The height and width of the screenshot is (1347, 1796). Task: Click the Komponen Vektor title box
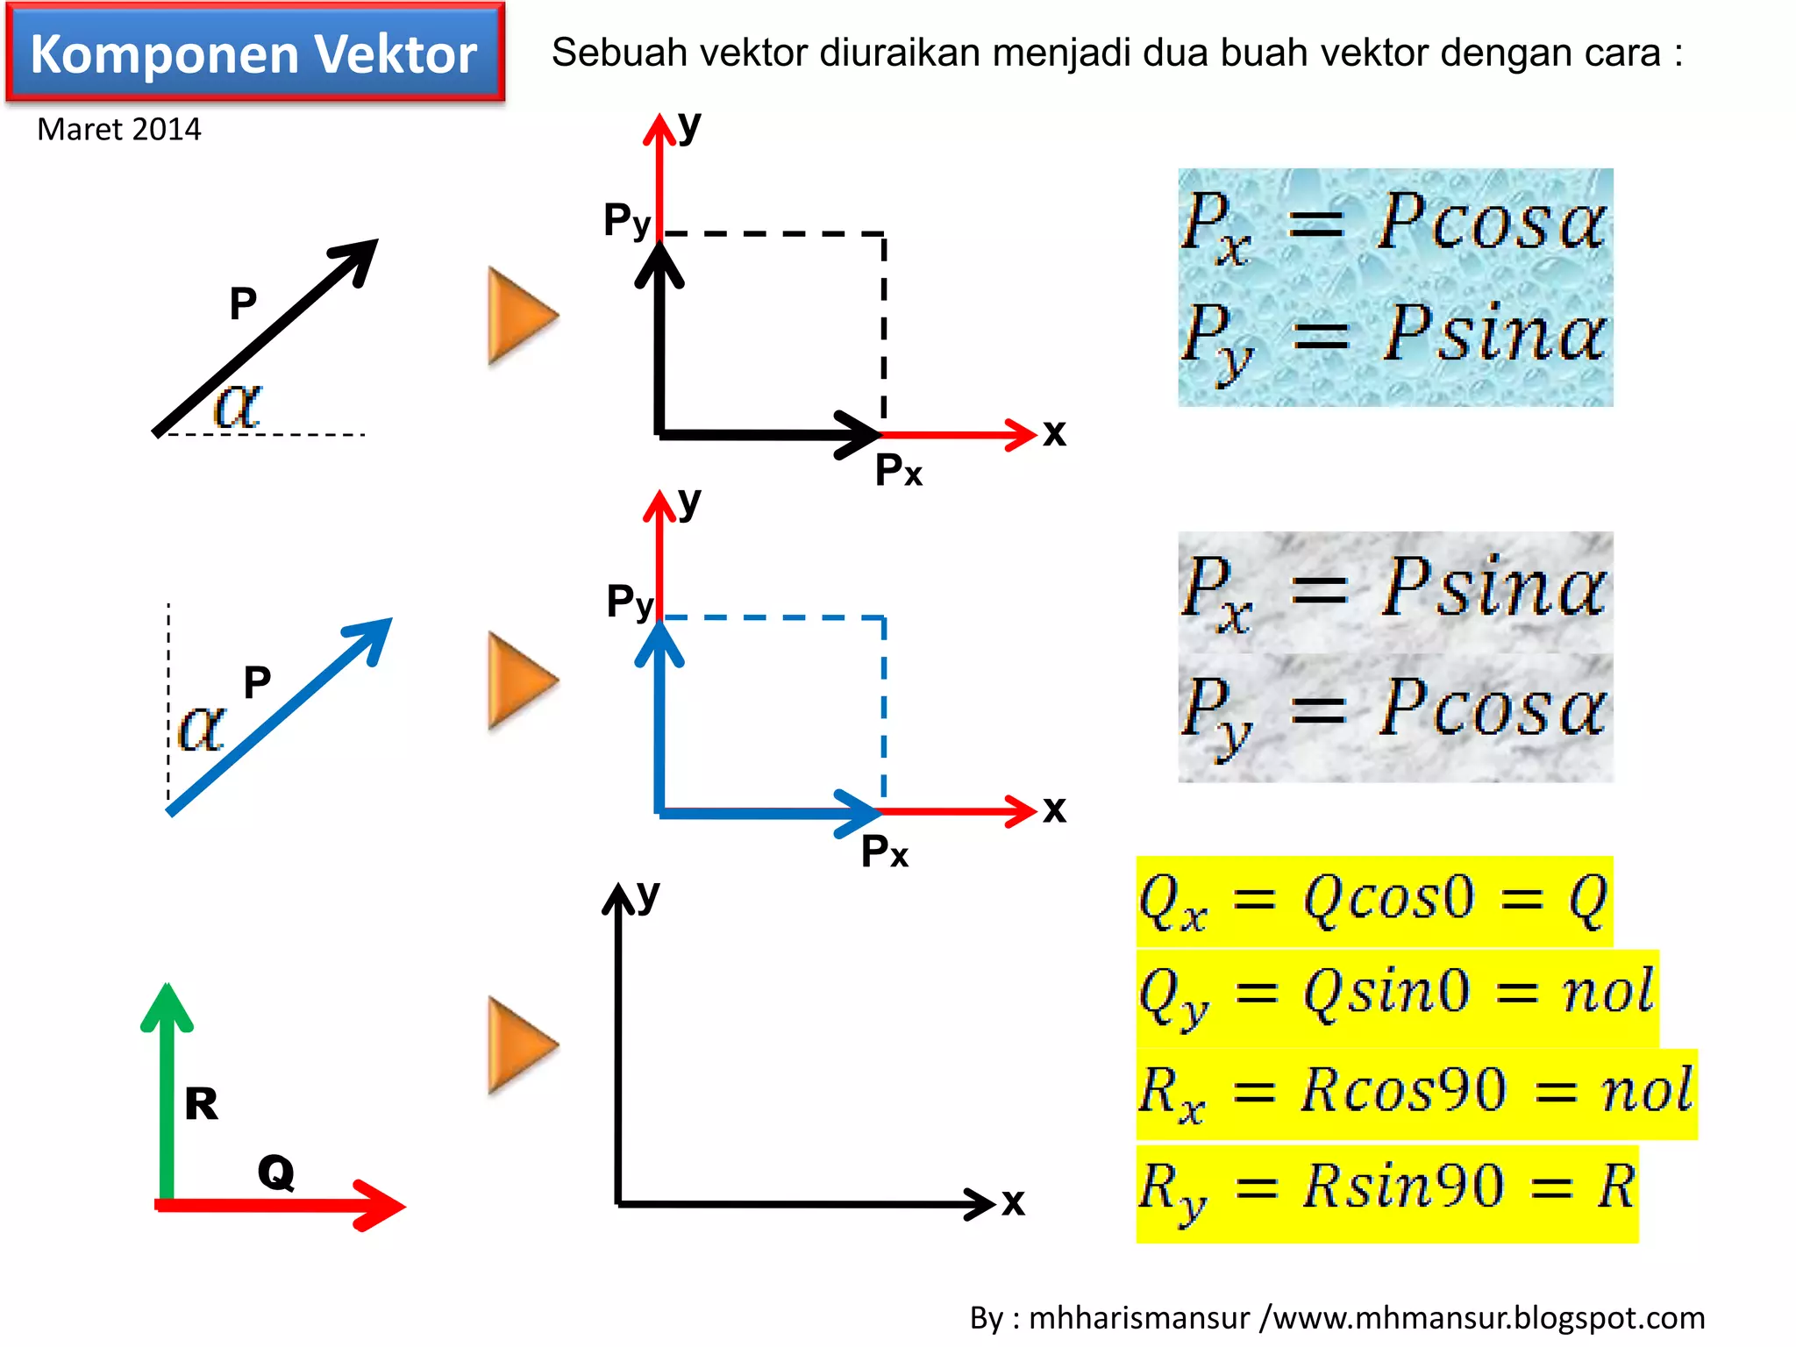click(254, 53)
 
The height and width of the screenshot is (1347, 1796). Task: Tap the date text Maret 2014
click(119, 130)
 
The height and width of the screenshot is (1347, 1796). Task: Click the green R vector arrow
click(166, 1096)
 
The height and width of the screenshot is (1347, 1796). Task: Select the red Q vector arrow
click(281, 1205)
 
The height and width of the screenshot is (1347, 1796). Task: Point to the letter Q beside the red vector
click(275, 1172)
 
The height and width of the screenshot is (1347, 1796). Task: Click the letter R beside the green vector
click(201, 1103)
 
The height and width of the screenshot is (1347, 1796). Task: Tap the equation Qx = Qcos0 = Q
click(1373, 901)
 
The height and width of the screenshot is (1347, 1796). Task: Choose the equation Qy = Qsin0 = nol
click(1396, 996)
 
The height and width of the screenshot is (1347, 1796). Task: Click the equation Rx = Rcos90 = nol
click(1415, 1093)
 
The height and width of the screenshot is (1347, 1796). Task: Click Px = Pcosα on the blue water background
click(1394, 224)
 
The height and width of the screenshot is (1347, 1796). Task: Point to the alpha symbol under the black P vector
click(238, 406)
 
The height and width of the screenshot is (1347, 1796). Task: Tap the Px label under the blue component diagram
click(885, 852)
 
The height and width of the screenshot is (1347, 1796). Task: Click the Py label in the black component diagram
click(627, 220)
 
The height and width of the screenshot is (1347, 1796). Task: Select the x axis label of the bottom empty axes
click(1014, 1201)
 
